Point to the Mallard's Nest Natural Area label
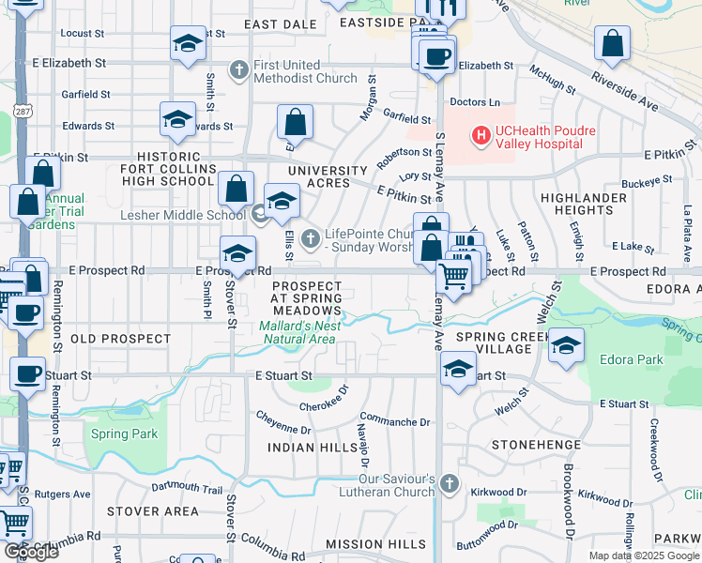click(x=298, y=332)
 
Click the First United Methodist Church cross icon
click(x=239, y=69)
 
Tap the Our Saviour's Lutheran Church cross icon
click(x=449, y=484)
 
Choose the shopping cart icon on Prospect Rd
click(x=453, y=276)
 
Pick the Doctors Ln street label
click(x=475, y=101)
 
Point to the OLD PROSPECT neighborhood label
click(x=110, y=338)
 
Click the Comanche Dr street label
click(x=395, y=422)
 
